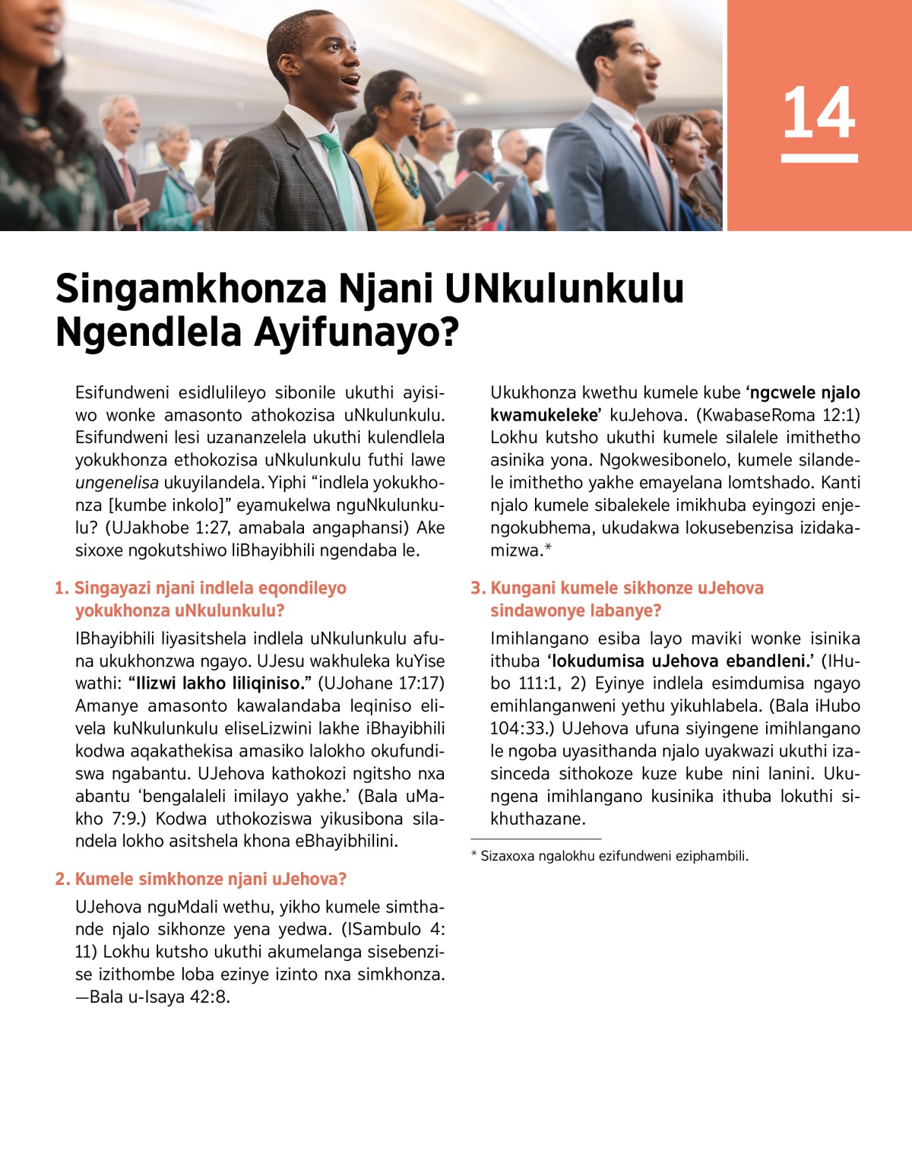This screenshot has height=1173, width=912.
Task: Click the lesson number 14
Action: pos(819,113)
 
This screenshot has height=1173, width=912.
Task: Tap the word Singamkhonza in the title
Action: pos(191,289)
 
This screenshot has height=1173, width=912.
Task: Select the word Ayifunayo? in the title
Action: pos(356,332)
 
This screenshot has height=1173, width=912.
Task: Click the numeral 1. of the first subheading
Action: pos(62,588)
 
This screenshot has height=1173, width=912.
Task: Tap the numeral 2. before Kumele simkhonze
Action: pos(62,880)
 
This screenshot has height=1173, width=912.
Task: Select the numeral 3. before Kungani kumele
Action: pos(478,588)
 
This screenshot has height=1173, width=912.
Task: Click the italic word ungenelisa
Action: pos(116,483)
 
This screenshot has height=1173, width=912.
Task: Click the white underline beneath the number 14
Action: pos(819,158)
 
